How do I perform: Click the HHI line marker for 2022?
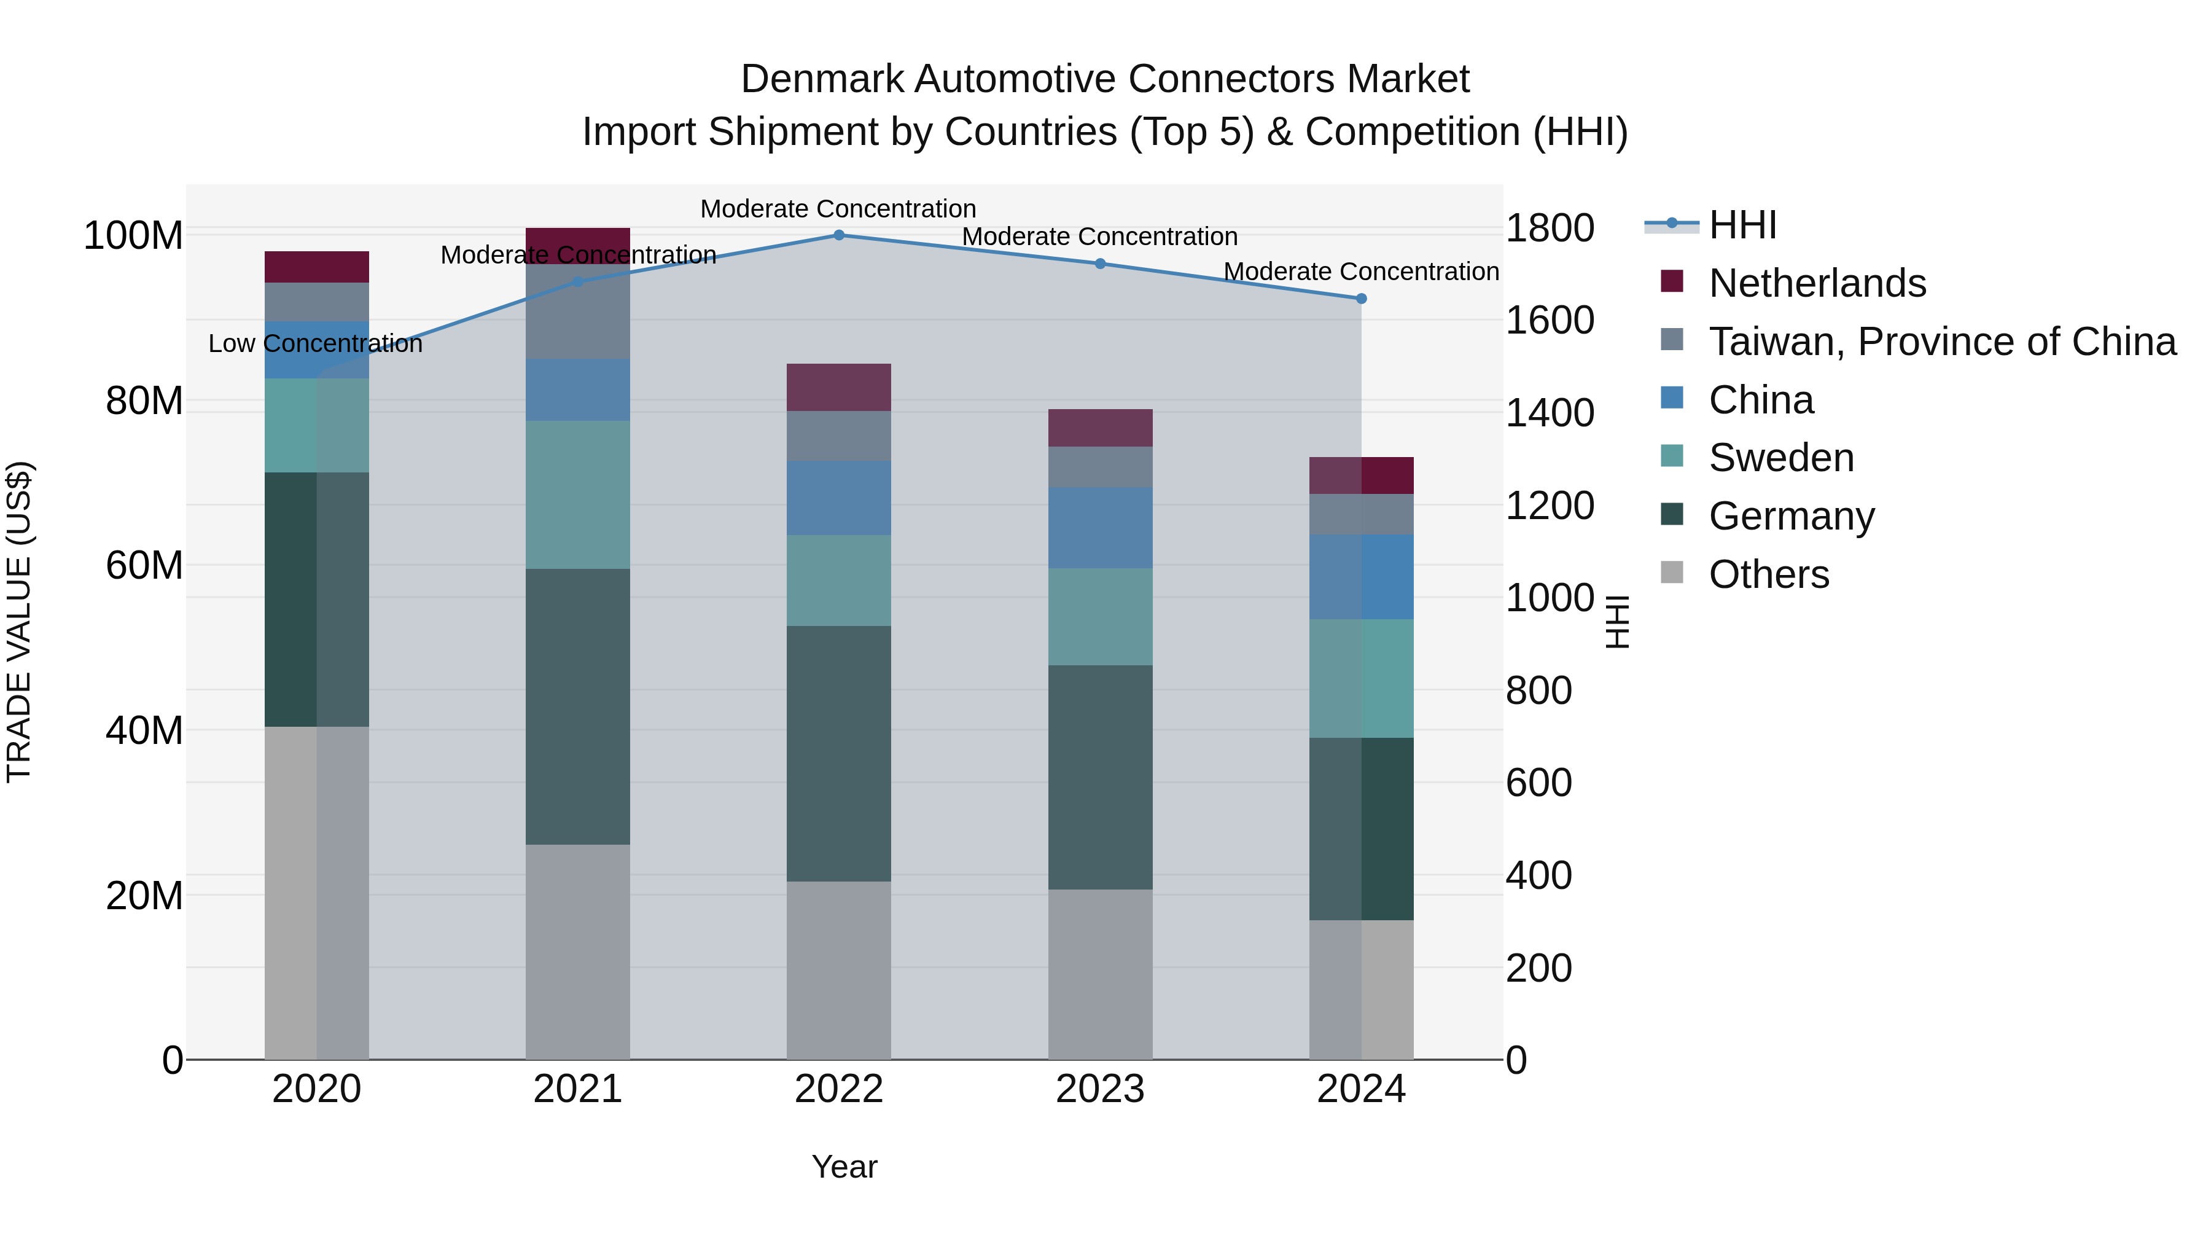click(x=838, y=235)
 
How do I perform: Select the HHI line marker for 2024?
click(x=1360, y=299)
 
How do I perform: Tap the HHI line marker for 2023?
click(x=1099, y=264)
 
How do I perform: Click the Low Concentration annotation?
click(x=315, y=344)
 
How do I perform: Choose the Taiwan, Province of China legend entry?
click(x=1941, y=342)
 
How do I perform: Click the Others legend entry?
click(x=1768, y=574)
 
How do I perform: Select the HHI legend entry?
click(x=1742, y=225)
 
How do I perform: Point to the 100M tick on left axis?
click(x=133, y=235)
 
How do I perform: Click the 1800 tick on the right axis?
click(x=1550, y=229)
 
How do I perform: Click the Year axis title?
click(x=844, y=1167)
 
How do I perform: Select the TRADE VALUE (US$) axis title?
click(x=19, y=622)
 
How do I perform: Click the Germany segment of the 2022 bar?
click(x=838, y=754)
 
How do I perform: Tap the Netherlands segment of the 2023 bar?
click(x=1099, y=428)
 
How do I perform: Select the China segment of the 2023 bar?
click(x=1099, y=527)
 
